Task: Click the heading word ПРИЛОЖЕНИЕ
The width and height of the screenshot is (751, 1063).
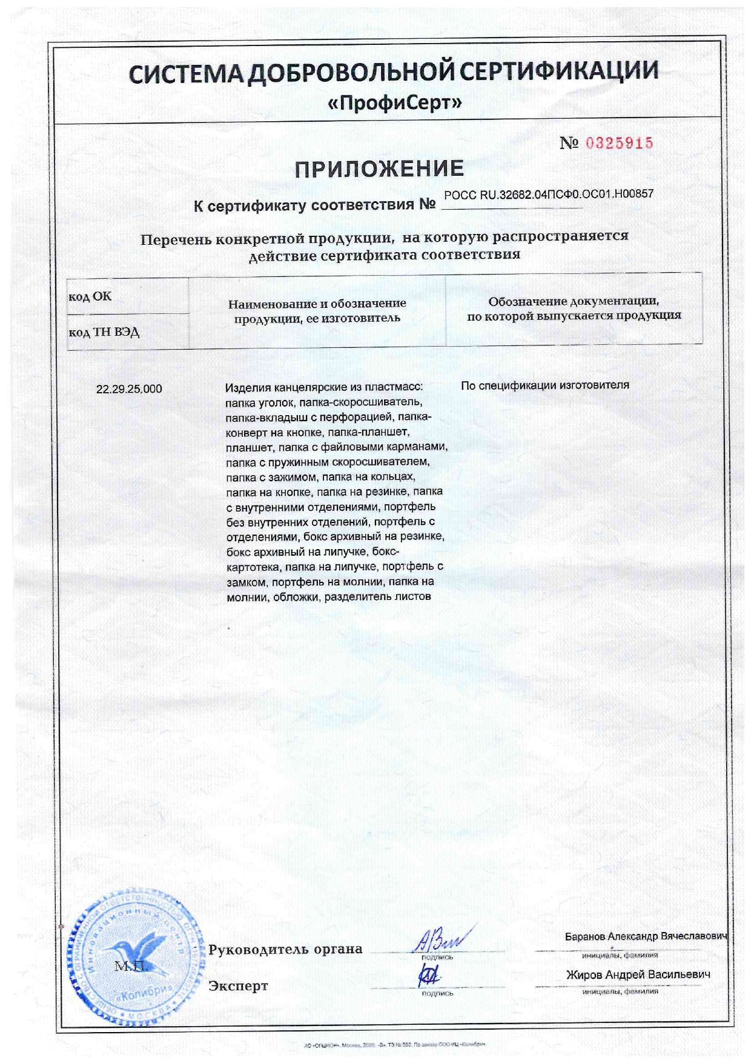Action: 380,169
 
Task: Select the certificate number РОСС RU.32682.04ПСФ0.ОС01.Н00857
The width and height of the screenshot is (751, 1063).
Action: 549,195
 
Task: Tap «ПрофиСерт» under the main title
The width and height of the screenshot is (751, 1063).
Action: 394,104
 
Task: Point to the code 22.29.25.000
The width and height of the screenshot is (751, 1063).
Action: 129,389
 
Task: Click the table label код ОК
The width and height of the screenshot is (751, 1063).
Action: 90,296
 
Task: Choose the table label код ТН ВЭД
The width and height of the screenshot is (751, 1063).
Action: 104,332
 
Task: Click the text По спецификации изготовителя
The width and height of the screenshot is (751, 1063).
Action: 544,385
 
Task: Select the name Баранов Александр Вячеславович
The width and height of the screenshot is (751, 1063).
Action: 646,936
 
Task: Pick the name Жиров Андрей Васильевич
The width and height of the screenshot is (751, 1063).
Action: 638,975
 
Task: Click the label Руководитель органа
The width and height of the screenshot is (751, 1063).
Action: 285,949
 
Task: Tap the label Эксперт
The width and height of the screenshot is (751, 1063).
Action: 238,986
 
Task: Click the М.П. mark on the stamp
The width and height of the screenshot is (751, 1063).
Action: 130,966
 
